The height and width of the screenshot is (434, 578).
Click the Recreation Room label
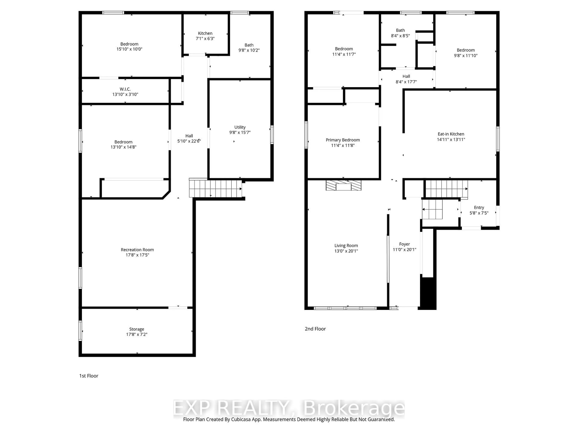137,250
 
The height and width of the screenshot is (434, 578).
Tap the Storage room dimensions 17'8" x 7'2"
137,334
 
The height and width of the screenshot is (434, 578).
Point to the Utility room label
240,127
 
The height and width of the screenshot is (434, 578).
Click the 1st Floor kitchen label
205,33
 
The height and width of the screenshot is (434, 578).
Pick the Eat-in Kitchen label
451,134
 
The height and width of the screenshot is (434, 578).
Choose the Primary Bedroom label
343,140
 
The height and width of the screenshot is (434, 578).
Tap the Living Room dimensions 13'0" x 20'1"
346,251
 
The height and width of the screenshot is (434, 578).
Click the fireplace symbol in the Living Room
343,185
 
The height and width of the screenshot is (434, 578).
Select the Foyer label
404,244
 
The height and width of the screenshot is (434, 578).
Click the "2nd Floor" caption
315,329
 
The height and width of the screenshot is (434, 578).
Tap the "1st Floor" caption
89,376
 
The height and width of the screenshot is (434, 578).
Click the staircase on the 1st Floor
215,188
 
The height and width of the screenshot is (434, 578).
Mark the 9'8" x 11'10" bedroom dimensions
466,55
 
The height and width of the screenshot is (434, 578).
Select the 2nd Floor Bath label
400,30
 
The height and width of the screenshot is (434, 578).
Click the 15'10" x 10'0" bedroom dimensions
129,49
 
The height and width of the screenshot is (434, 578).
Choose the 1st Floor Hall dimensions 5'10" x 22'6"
189,141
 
